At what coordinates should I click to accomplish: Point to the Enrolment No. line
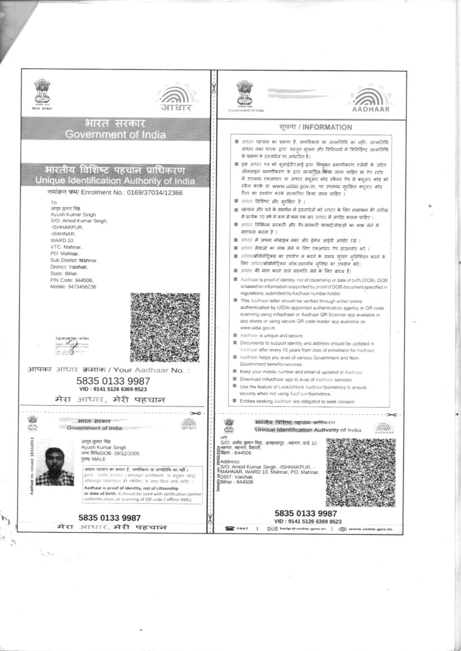[x=115, y=192]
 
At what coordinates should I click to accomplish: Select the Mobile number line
[x=74, y=286]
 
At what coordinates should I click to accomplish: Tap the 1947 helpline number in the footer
[x=241, y=528]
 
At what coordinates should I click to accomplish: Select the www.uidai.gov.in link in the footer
[x=370, y=528]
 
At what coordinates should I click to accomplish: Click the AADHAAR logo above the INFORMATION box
[x=373, y=97]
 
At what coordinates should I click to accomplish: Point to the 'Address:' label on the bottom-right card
[x=230, y=462]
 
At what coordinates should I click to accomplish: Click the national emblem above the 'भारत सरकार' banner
[x=42, y=92]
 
